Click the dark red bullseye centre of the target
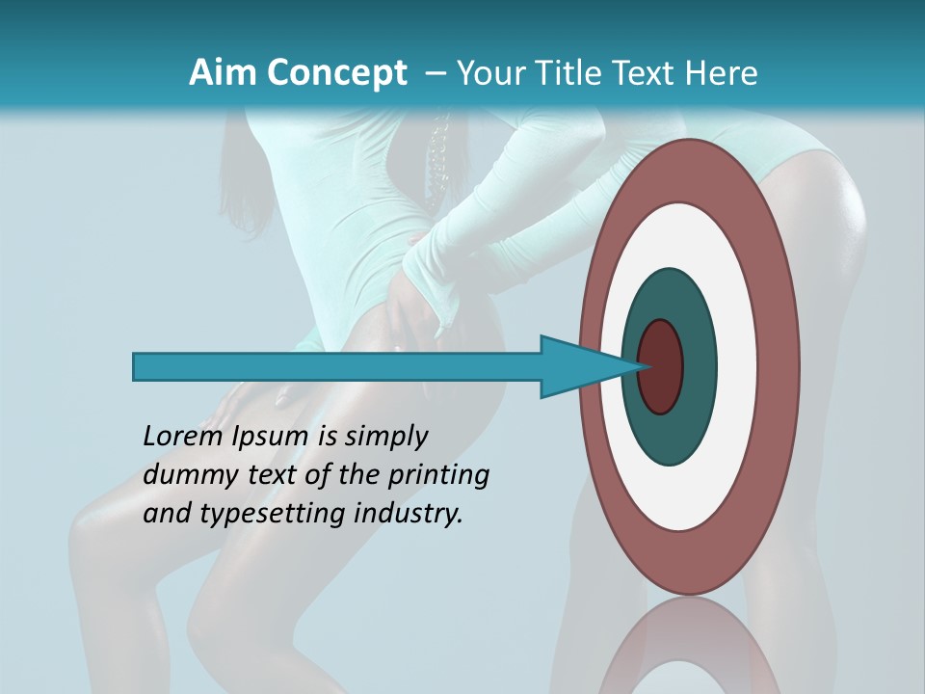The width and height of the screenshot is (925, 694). click(661, 366)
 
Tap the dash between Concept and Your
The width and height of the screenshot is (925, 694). click(434, 72)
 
